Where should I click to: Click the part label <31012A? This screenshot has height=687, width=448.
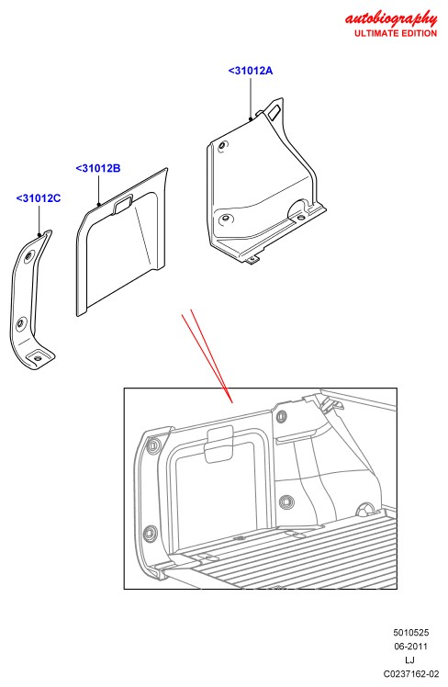[x=251, y=71]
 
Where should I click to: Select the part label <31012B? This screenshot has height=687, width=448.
[x=98, y=168]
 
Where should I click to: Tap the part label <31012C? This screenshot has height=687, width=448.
[x=39, y=198]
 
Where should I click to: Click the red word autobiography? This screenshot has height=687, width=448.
[x=391, y=19]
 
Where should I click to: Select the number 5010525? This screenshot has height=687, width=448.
[x=410, y=632]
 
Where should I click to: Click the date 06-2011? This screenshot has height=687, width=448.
[x=410, y=647]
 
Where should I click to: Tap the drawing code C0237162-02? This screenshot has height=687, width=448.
[x=410, y=674]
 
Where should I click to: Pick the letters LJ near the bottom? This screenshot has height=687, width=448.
[x=409, y=659]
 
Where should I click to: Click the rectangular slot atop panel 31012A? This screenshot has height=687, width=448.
[x=275, y=111]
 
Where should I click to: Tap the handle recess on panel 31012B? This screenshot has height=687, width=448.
[x=124, y=205]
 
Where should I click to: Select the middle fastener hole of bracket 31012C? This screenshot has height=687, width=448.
[x=20, y=324]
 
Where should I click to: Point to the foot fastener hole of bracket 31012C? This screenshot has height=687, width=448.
[x=39, y=358]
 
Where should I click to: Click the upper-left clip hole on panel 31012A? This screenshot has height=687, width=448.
[x=223, y=145]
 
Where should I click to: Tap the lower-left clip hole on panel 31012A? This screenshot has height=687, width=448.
[x=226, y=219]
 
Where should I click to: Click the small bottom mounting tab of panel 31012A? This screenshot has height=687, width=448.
[x=252, y=260]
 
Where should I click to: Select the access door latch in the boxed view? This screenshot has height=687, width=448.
[x=219, y=445]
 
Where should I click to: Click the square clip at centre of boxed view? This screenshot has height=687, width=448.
[x=286, y=501]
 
